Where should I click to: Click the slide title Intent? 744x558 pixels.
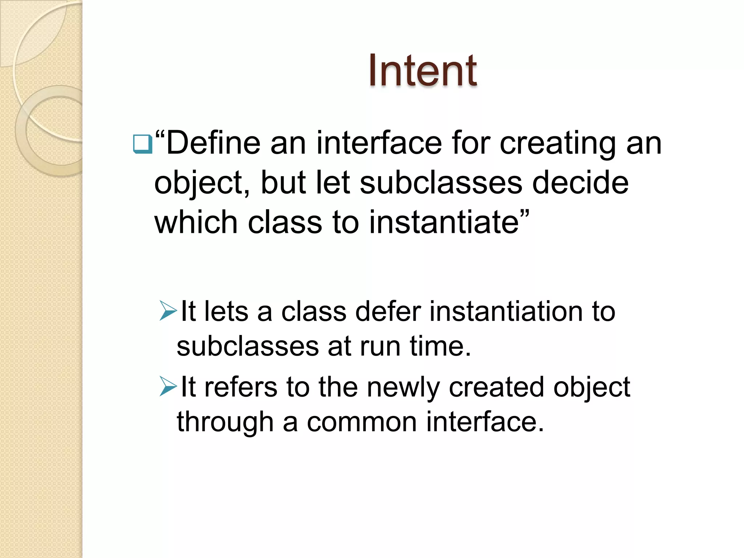click(422, 70)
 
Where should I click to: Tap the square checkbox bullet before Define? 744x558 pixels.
click(142, 144)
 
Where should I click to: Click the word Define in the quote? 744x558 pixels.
click(213, 143)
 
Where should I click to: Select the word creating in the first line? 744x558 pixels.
click(558, 144)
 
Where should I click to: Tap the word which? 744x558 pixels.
click(196, 222)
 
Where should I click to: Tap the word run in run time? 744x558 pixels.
click(380, 346)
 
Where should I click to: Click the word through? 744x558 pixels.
click(225, 422)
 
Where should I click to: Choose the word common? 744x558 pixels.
click(362, 422)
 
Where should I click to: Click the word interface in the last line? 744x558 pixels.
click(485, 422)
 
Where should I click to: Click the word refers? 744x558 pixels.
click(240, 387)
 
